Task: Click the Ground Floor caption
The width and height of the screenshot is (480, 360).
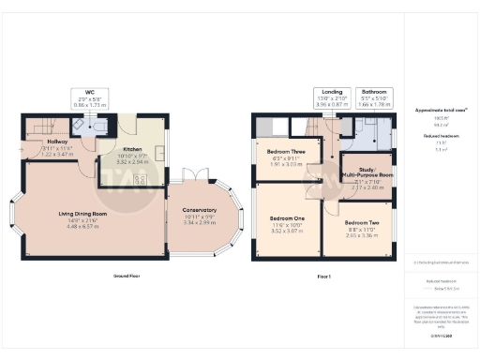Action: [127, 277]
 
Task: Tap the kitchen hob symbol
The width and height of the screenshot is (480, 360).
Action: [142, 180]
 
